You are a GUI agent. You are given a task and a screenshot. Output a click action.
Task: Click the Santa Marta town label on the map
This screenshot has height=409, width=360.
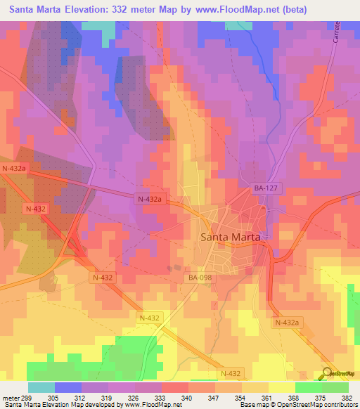coord(231,237)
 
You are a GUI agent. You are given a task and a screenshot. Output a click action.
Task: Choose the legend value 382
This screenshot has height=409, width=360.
coord(347,397)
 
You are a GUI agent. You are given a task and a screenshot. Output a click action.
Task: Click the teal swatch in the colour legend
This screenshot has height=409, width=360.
coord(41,387)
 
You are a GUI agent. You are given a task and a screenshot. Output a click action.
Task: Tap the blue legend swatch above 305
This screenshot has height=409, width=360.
coord(68,387)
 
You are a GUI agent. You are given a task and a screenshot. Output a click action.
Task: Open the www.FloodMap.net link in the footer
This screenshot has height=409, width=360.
coord(143,405)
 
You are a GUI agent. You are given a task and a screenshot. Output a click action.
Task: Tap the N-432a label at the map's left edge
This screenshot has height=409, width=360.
coord(14,169)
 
